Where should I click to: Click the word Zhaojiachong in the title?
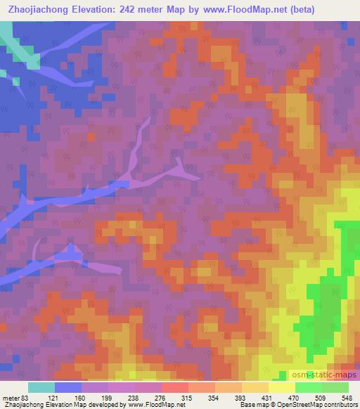pos(40,9)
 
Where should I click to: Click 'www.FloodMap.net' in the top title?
pos(246,9)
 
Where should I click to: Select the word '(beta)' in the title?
pos(304,9)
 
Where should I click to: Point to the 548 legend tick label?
pos(347,398)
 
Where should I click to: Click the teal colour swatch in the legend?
pos(41,387)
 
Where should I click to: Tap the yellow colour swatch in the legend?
pos(281,387)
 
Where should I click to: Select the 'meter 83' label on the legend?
pos(16,398)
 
